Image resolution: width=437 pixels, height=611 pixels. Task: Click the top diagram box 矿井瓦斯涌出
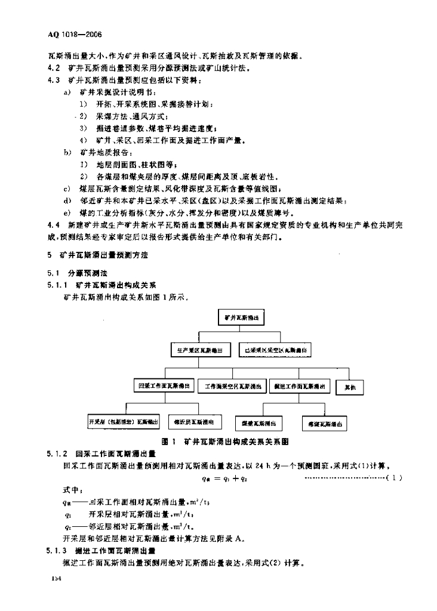click(x=242, y=318)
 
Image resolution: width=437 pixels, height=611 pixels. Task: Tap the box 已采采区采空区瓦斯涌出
click(x=275, y=350)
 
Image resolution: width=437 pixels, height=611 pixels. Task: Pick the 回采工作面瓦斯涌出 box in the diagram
click(x=165, y=387)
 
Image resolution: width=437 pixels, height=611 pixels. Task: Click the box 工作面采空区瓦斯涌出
click(x=233, y=387)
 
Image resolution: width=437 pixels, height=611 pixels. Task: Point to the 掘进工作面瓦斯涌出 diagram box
click(x=299, y=387)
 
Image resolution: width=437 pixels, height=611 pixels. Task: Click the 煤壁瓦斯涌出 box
click(x=258, y=423)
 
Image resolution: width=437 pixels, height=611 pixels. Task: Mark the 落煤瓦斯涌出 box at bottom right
click(x=325, y=423)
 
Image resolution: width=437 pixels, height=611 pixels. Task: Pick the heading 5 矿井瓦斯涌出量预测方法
click(x=97, y=255)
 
